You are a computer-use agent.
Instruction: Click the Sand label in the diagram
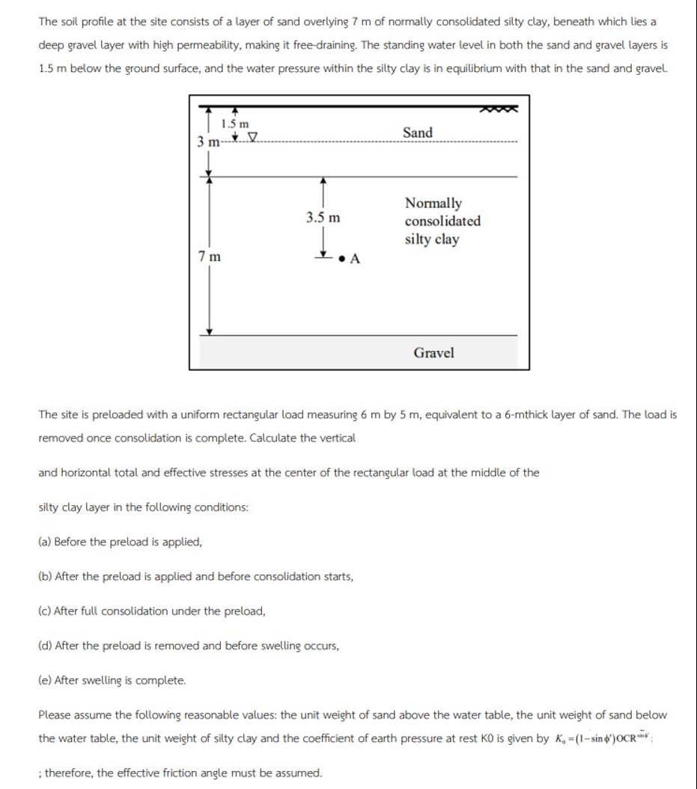click(x=417, y=132)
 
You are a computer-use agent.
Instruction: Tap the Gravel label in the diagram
click(x=433, y=353)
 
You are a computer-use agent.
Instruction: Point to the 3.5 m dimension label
click(x=323, y=218)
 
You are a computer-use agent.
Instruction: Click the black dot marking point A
click(x=341, y=260)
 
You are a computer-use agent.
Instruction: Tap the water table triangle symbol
click(x=252, y=137)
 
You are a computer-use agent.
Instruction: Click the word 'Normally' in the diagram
click(x=433, y=203)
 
